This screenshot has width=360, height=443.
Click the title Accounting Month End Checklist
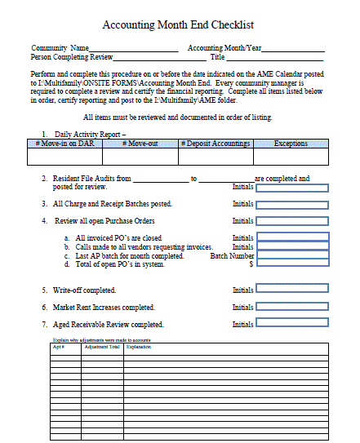pos(180,26)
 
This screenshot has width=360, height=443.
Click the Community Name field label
pos(60,48)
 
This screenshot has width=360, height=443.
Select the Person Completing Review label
pos(71,57)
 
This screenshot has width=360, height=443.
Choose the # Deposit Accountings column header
pos(216,144)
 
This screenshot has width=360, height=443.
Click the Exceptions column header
pos(291,144)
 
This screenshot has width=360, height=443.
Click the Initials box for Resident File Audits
pos(292,187)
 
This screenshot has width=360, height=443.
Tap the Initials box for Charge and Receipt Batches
pos(292,204)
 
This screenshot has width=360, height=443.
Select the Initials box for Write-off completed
pos(292,290)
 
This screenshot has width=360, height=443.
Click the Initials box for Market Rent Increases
pos(292,308)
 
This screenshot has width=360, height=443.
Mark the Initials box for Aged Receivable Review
pos(292,325)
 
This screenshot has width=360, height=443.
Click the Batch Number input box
pos(292,255)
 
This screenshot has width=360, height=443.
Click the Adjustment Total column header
pos(102,347)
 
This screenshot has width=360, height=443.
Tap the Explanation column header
pos(139,347)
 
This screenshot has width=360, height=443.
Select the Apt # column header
pos(58,347)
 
